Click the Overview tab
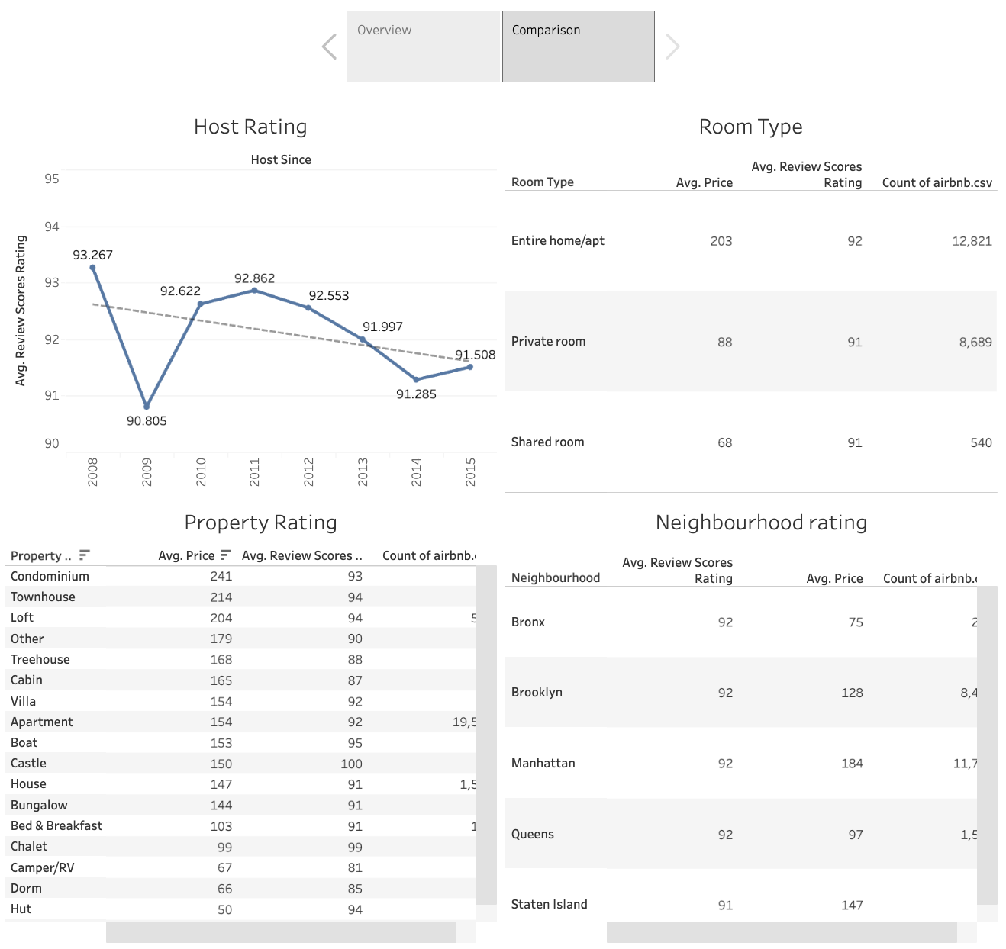click(423, 46)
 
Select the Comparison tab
click(578, 46)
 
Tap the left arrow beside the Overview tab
click(330, 47)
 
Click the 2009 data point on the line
click(147, 407)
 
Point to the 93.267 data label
click(92, 255)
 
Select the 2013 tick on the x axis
click(363, 471)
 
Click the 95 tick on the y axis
click(51, 179)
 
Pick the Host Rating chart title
click(250, 127)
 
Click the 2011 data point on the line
click(254, 290)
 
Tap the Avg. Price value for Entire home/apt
click(721, 241)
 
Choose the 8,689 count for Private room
click(975, 343)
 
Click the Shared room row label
click(547, 442)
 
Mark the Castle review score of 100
click(351, 764)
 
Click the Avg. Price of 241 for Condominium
click(221, 577)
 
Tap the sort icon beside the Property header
click(85, 555)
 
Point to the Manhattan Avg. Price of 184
click(852, 764)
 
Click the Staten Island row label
click(549, 905)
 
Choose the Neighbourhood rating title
click(761, 523)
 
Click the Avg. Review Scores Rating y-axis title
click(21, 310)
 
